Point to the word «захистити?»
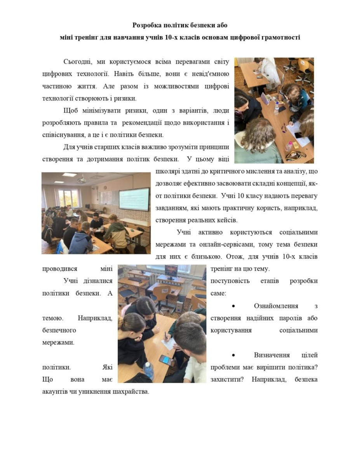click(227, 379)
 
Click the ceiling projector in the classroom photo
click(82, 179)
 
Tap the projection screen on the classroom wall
click(134, 199)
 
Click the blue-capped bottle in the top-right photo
click(277, 108)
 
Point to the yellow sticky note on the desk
click(296, 145)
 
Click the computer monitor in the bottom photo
click(171, 270)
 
